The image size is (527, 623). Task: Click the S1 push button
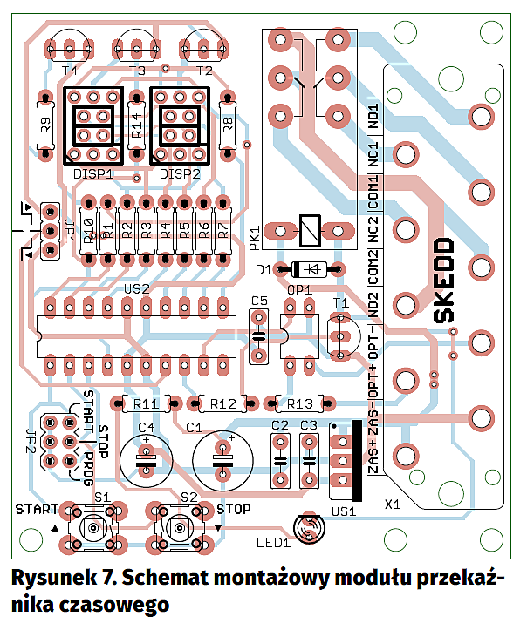pos(92,527)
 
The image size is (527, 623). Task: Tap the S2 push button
pos(179,527)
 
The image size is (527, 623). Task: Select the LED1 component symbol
pos(309,529)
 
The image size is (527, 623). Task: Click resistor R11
pos(146,403)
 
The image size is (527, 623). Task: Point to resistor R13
pos(299,403)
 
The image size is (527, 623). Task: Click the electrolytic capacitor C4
pos(147,457)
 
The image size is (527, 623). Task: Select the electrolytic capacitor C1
pos(222,457)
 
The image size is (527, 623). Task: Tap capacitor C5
pos(258,335)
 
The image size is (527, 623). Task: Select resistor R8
pos(228,126)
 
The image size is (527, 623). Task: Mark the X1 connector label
pos(394,504)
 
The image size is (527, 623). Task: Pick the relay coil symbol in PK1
pos(308,231)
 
